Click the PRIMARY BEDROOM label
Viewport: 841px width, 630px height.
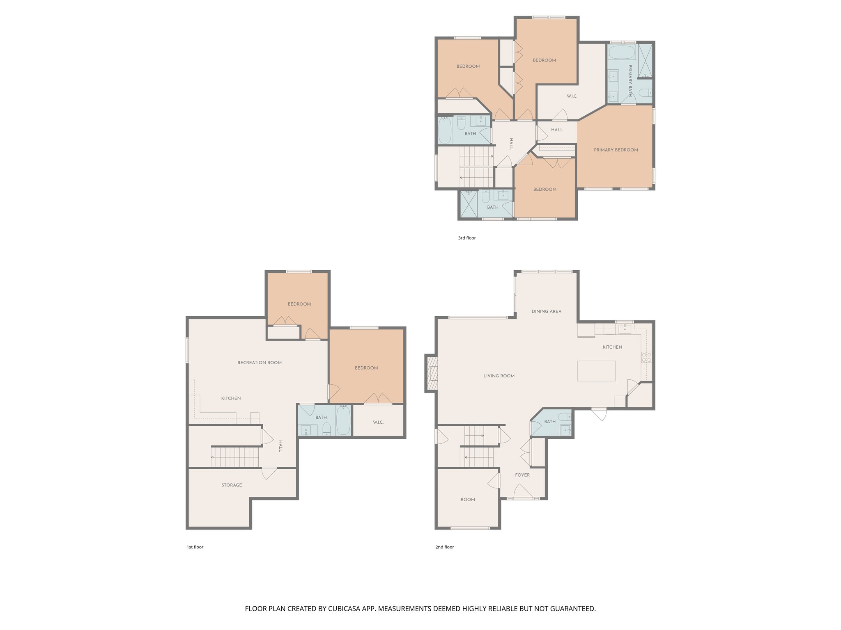tap(616, 150)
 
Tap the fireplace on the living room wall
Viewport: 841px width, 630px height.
tap(432, 373)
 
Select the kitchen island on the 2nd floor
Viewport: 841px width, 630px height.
tap(596, 371)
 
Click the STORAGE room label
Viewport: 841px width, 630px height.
tap(232, 485)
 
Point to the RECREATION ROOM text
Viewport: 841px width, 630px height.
tap(260, 363)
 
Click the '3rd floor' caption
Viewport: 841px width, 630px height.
tap(467, 238)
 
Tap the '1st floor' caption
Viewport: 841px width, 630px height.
tap(195, 547)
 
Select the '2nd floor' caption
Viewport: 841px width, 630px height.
tap(445, 547)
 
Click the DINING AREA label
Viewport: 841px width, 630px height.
tap(546, 311)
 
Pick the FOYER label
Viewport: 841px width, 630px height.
tap(522, 475)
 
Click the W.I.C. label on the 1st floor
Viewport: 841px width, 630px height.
tap(378, 422)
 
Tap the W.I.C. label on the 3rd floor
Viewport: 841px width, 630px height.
tap(572, 96)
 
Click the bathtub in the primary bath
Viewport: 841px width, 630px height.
tap(622, 53)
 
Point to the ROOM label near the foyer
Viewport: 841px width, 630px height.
tap(468, 500)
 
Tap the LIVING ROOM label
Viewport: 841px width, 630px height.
tap(499, 376)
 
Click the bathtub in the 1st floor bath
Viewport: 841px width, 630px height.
tap(343, 420)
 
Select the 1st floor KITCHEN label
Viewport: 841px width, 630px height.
tap(231, 398)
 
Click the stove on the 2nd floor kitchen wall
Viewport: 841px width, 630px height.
tap(647, 357)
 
